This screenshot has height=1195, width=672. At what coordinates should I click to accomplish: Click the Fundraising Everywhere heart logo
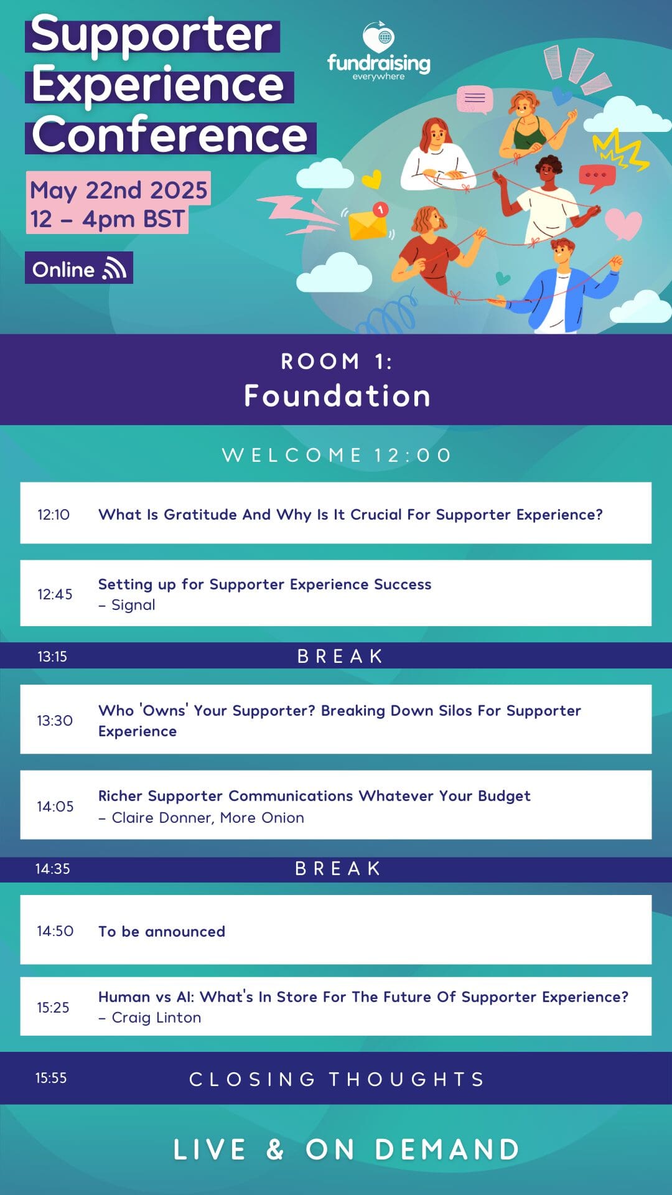pos(379,37)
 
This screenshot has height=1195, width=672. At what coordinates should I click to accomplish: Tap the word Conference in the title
pos(170,134)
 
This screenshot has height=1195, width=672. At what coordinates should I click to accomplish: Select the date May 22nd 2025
pos(119,190)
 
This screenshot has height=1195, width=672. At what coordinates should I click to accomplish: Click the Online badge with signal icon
pos(79,268)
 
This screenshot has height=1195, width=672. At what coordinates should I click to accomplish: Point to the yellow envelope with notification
pos(369,222)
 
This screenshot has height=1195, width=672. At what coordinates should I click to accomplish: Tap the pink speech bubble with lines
pos(475,100)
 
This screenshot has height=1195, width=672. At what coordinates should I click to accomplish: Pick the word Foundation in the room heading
pos(337,396)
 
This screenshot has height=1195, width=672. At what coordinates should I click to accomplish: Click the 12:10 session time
pos(54,515)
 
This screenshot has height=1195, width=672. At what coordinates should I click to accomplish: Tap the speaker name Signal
pos(133,605)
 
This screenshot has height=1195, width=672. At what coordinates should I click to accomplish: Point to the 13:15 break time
pos(52,656)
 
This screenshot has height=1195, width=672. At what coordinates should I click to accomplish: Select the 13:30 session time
pos(55,720)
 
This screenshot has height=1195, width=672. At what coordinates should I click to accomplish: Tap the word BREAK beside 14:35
pos(338,869)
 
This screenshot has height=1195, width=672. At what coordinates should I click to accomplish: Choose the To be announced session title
pos(162,932)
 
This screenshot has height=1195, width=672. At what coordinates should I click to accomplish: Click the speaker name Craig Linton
pos(156,1018)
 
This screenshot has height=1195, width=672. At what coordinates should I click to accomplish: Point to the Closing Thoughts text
pos(337,1079)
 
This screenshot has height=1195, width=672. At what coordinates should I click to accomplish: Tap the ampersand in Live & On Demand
pos(275,1150)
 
